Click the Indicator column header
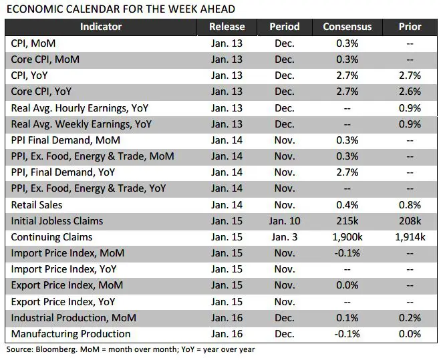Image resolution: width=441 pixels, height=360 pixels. click(101, 27)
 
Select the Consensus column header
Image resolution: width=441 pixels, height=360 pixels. click(347, 27)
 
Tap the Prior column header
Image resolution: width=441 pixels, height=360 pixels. click(410, 27)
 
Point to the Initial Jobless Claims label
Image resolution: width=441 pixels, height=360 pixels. click(57, 221)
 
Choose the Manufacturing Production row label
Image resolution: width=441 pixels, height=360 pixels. click(71, 333)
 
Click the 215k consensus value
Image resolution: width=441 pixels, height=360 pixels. click(347, 221)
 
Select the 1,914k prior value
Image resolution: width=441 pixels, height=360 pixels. click(410, 237)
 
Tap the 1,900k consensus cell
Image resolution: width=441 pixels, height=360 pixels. click(347, 237)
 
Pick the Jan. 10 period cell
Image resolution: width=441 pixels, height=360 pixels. click(284, 221)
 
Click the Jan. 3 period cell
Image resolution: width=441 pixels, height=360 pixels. click(284, 237)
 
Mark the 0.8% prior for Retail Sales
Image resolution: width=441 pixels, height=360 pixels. click(410, 205)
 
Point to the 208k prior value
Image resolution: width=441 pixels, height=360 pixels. click(410, 221)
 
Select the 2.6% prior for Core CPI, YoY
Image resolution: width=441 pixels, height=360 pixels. click(410, 92)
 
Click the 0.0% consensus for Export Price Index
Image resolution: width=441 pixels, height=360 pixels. click(347, 285)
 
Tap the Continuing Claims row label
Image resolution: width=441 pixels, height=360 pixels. click(51, 237)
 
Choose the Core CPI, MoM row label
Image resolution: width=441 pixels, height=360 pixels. click(45, 59)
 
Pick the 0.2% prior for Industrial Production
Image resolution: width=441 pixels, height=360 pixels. click(410, 317)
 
